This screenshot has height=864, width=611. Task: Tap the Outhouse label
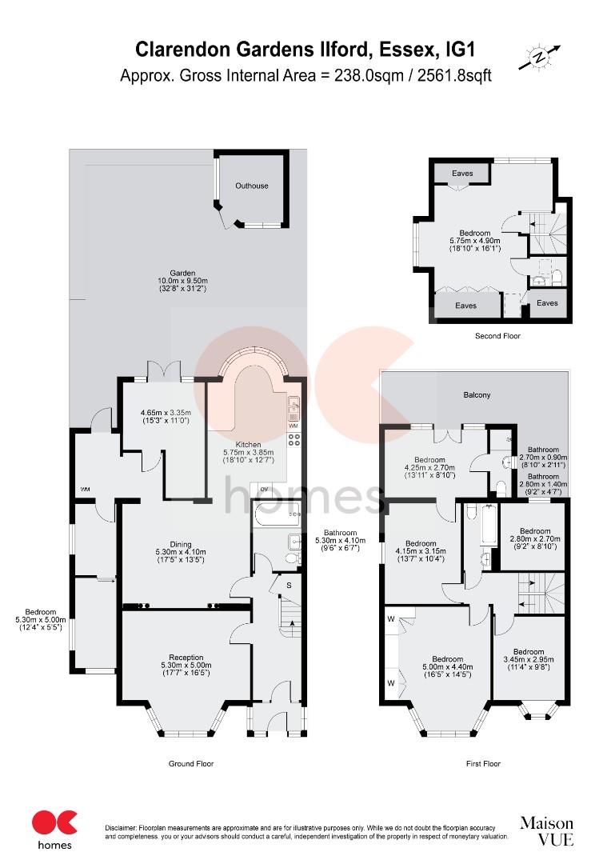point(251,186)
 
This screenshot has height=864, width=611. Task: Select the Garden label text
point(187,273)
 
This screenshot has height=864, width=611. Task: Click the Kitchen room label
point(248,444)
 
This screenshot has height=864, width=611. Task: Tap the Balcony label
point(477,395)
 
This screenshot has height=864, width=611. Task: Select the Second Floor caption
point(497,336)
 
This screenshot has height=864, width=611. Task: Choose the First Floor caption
point(483,764)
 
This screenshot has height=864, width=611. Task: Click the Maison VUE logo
point(547,830)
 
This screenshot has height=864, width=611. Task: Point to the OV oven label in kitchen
point(263,489)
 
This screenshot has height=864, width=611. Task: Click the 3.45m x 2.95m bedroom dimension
point(529,660)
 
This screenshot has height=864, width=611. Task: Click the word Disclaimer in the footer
point(123,826)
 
